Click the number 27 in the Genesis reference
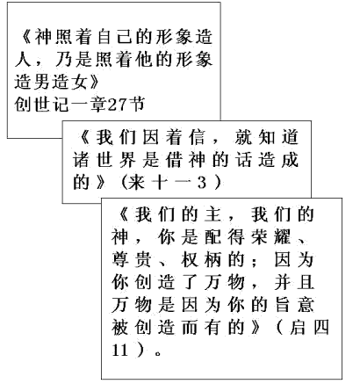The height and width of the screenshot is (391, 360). coord(118,105)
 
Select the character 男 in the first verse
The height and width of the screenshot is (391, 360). coord(41,82)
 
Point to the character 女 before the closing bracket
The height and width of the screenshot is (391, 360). coord(79,82)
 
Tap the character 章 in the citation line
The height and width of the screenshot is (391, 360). coord(98,105)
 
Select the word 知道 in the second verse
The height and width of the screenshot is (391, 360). coord(278,137)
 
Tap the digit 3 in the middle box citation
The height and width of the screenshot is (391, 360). coord(202,183)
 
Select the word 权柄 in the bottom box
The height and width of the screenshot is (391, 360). coord(201,259)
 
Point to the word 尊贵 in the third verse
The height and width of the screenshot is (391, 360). coord(131,259)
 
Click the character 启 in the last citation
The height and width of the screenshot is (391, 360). coord(298,327)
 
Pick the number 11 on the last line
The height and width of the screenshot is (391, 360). coord(120,350)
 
